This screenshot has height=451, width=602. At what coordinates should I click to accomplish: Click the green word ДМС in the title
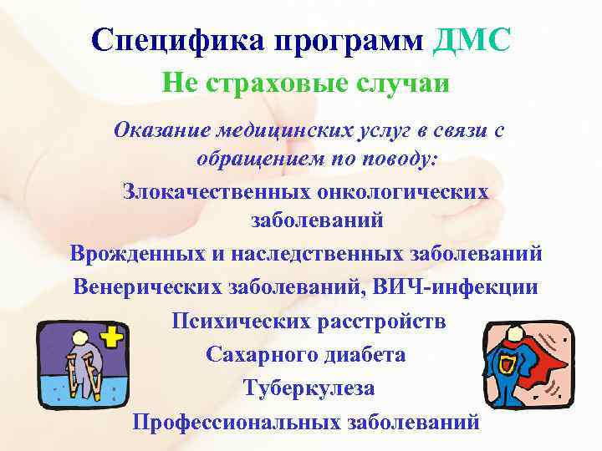[470, 39]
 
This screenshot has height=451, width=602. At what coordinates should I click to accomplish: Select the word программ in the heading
[347, 39]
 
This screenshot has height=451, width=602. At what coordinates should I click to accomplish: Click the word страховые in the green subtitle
[264, 84]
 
